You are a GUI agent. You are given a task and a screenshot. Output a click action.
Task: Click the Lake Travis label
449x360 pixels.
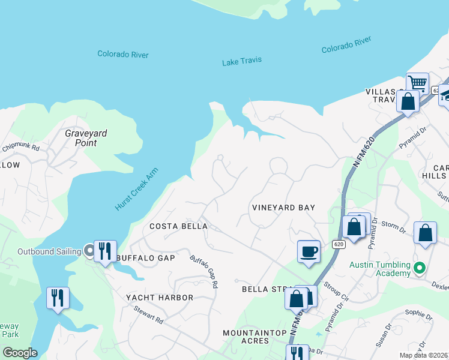242,62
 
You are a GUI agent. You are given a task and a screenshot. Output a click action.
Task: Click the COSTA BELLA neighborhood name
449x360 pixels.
178,226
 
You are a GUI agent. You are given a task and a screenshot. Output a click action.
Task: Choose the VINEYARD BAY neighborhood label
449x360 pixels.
283,208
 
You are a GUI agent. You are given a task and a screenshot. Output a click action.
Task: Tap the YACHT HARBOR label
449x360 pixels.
160,298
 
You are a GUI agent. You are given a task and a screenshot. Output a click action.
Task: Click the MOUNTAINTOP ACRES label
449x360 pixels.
254,336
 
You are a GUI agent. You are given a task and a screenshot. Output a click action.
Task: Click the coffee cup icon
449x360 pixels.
309,251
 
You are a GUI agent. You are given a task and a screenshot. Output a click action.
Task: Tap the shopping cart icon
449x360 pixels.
417,83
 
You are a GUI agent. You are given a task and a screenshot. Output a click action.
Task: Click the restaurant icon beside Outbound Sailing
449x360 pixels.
105,251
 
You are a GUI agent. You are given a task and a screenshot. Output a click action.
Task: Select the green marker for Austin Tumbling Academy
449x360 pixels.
420,268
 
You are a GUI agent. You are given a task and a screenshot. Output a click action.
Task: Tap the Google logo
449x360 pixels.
20,353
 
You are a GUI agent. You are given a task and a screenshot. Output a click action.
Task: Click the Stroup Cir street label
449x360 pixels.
336,290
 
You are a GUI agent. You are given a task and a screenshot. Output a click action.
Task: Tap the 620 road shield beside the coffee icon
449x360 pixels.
338,244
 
